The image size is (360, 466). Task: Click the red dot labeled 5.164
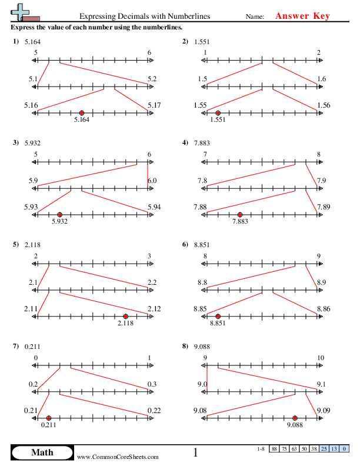pyautogui.click(x=82, y=113)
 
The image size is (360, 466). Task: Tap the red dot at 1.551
pyautogui.click(x=218, y=113)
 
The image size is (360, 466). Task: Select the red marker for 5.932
pyautogui.click(x=60, y=215)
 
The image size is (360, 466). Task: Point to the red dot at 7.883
pyautogui.click(x=239, y=215)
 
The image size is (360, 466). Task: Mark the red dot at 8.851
pyautogui.click(x=218, y=317)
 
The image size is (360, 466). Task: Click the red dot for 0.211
pyautogui.click(x=49, y=418)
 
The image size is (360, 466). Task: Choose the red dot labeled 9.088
pyautogui.click(x=295, y=418)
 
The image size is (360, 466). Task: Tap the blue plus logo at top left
pyautogui.click(x=22, y=11)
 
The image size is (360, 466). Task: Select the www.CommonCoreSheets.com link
pyautogui.click(x=118, y=457)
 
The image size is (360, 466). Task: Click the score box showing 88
pyautogui.click(x=275, y=450)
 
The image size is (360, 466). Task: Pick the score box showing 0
pyautogui.click(x=344, y=450)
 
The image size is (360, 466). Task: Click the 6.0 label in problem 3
pyautogui.click(x=151, y=181)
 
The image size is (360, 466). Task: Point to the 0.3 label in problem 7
pyautogui.click(x=151, y=385)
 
